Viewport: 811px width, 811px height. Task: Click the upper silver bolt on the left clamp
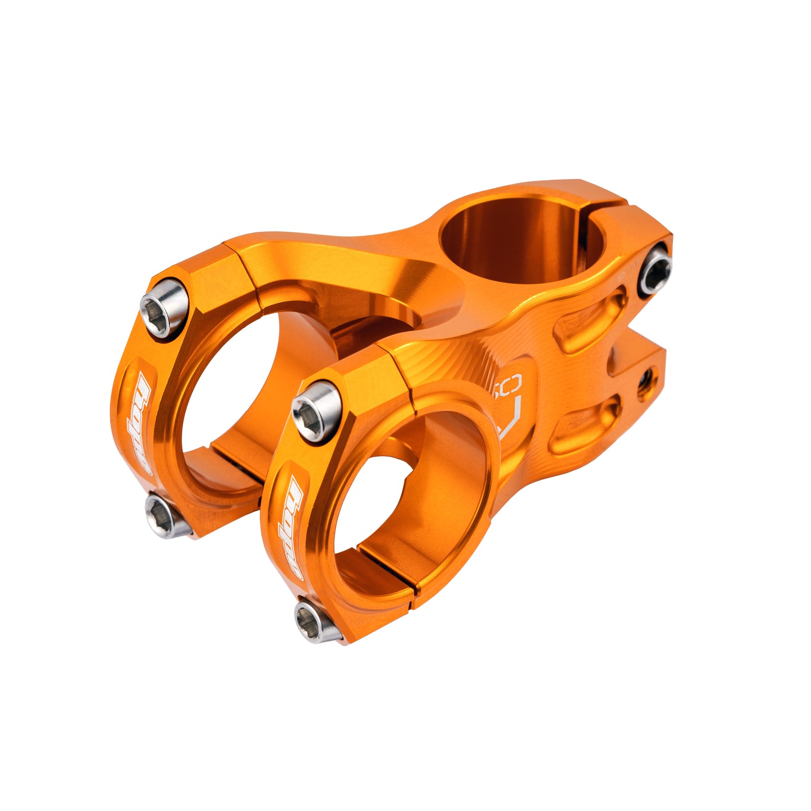[164, 308]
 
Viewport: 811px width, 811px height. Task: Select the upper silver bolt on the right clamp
[317, 411]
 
